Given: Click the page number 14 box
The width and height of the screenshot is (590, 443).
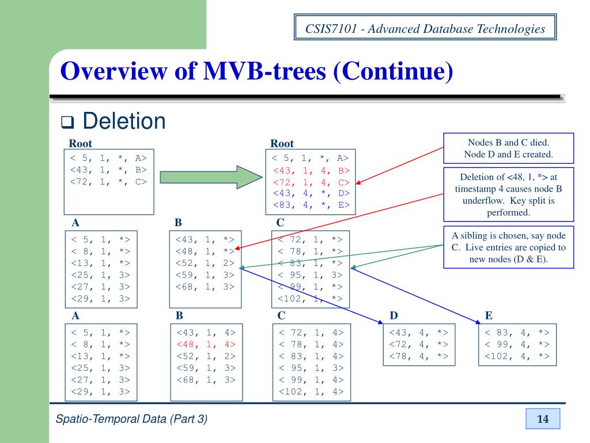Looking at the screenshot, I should tap(543, 419).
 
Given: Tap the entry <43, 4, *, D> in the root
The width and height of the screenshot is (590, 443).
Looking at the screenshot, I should tap(311, 193).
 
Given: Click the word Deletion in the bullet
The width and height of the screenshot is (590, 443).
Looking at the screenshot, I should tap(124, 121).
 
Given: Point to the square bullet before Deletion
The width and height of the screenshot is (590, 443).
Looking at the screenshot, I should tap(69, 122).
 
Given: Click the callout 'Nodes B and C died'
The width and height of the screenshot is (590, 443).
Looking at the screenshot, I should tap(508, 148).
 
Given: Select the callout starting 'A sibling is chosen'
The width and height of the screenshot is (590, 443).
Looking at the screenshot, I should tap(508, 247).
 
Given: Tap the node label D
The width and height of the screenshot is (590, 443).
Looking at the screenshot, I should tap(394, 316).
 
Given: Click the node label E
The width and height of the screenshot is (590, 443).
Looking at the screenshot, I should tap(489, 316).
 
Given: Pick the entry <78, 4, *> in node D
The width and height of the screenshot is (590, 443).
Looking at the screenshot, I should tap(419, 356).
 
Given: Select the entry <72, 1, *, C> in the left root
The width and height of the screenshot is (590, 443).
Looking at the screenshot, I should tap(108, 182).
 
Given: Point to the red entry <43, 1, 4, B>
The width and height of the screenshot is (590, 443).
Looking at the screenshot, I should tap(311, 170).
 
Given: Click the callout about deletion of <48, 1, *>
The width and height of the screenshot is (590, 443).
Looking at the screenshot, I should tap(508, 194).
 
